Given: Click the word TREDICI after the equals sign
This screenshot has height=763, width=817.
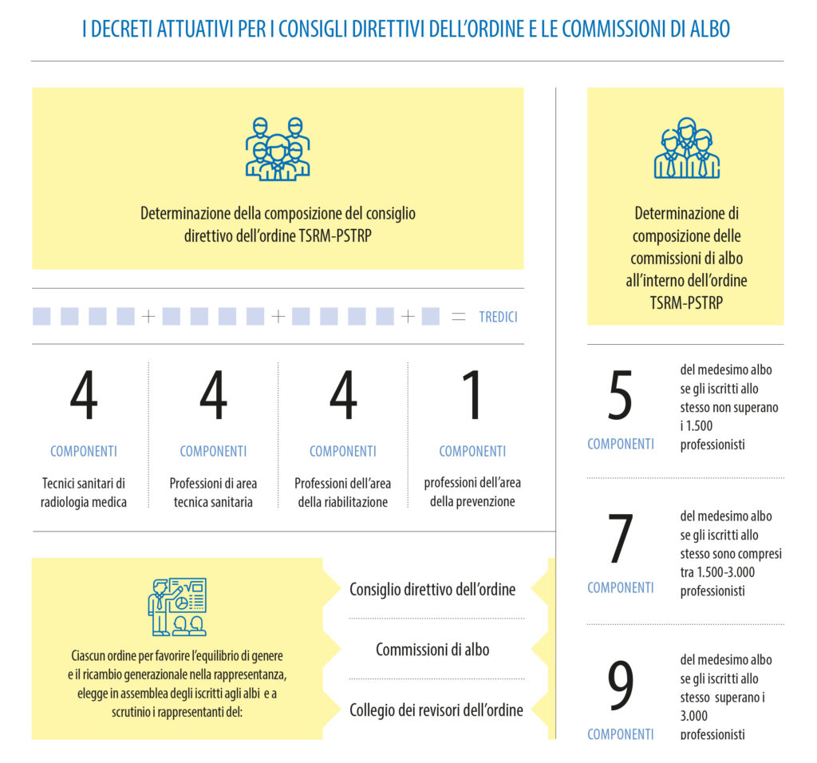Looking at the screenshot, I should (498, 317).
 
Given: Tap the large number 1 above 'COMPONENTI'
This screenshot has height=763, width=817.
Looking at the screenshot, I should (472, 396).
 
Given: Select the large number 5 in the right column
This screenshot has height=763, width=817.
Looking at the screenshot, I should (620, 396).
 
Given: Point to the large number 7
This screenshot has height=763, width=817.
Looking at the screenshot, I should (620, 540).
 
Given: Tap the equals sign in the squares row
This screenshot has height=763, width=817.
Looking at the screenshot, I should (458, 317).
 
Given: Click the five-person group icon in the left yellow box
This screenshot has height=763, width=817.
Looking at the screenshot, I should (277, 148).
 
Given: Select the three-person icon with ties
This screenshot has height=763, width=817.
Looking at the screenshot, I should (686, 148).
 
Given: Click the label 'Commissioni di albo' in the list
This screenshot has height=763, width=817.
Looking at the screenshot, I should (432, 650).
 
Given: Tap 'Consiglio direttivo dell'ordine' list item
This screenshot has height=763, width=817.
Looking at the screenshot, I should (432, 590).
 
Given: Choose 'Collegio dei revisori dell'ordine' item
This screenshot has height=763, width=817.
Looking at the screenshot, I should (436, 710).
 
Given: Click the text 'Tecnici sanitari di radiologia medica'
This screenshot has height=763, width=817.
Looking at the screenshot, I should (84, 492).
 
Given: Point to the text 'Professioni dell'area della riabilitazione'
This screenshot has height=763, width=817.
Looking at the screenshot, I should (342, 492).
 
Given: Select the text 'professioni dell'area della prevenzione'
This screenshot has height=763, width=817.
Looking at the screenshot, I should (472, 492).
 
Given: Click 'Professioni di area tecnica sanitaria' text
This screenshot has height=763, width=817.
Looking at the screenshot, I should (213, 492).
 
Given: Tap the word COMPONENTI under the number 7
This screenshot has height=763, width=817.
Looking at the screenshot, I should (620, 587).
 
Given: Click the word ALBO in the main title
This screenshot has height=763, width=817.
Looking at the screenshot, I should (709, 30).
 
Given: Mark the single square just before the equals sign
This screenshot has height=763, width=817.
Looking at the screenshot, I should (430, 317).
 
